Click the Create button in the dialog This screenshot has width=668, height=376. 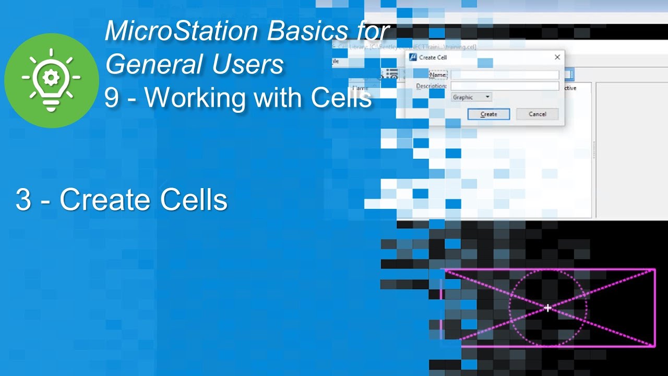[488, 114]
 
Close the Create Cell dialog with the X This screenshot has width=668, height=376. [557, 57]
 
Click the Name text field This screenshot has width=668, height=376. [504, 75]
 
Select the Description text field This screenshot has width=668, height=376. [504, 86]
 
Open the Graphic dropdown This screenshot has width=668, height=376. [471, 97]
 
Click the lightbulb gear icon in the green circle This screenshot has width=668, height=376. [51, 80]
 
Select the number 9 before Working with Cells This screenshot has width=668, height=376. [111, 98]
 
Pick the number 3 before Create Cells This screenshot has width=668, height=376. [23, 200]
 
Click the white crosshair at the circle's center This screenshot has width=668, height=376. [547, 308]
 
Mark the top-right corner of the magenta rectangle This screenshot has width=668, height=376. [654, 269]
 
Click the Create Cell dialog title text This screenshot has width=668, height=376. [433, 57]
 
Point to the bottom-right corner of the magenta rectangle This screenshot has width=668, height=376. [654, 346]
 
